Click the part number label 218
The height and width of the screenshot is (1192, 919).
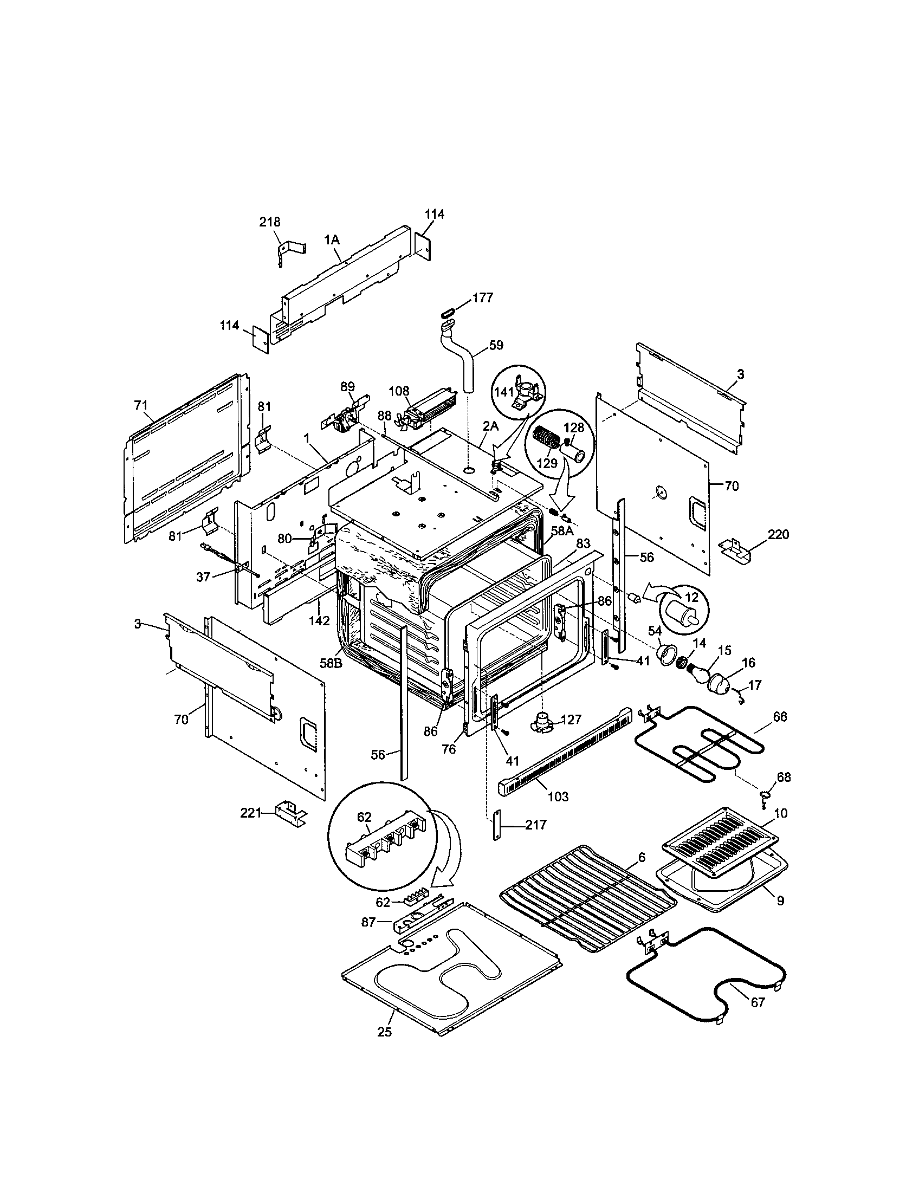click(270, 222)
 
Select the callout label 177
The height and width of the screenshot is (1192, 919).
click(483, 297)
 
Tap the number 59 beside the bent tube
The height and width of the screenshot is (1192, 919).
click(496, 345)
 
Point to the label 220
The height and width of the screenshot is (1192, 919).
click(778, 534)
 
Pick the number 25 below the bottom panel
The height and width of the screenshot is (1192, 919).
click(385, 1032)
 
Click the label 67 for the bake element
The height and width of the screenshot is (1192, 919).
click(758, 1002)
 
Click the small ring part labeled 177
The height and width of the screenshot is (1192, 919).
click(447, 312)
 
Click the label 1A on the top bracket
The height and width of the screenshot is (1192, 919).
click(331, 239)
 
